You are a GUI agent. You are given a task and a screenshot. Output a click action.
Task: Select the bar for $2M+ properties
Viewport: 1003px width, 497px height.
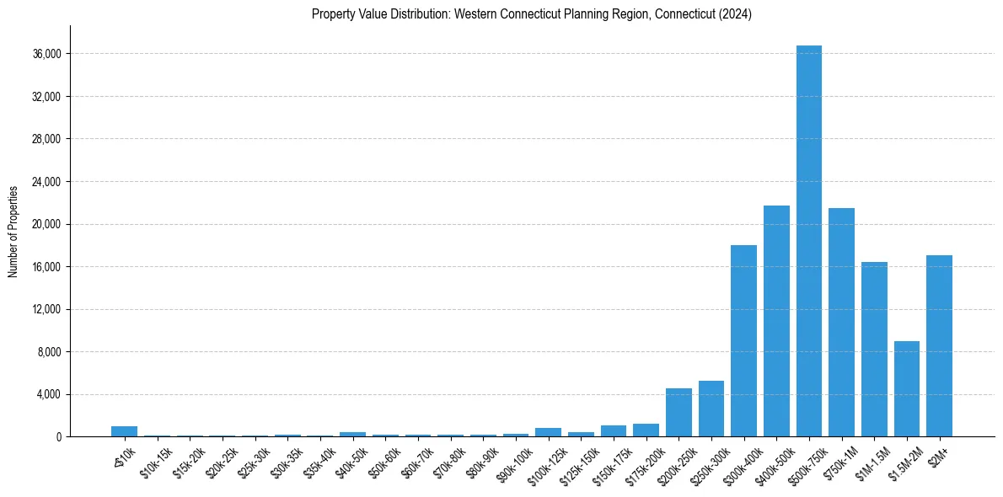(939, 345)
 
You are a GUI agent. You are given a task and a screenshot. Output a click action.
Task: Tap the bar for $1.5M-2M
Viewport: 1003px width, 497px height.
(906, 388)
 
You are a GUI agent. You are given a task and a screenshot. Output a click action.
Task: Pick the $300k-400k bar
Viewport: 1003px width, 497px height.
(743, 340)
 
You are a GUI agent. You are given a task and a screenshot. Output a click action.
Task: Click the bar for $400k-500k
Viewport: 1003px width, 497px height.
(776, 321)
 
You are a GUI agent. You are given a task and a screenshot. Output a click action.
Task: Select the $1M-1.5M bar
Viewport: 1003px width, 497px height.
(874, 349)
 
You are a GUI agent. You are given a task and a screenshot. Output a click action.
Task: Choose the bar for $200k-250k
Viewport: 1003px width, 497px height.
(678, 413)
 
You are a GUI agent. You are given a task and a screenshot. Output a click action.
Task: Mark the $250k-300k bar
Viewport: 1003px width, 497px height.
(711, 409)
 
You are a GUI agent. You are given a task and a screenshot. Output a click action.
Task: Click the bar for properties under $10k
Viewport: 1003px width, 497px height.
(124, 431)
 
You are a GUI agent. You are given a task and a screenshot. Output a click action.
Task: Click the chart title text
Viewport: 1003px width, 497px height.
(531, 14)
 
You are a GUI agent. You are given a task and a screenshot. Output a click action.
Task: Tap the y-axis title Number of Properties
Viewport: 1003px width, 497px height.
(13, 231)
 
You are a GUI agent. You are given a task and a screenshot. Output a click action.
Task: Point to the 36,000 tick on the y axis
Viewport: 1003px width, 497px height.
(46, 54)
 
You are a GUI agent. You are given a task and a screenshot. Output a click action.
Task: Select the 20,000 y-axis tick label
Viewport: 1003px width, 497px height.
(46, 224)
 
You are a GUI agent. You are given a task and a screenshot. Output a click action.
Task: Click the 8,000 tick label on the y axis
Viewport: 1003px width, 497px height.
(49, 352)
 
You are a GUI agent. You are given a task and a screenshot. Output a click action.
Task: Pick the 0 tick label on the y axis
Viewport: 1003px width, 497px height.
(57, 437)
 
